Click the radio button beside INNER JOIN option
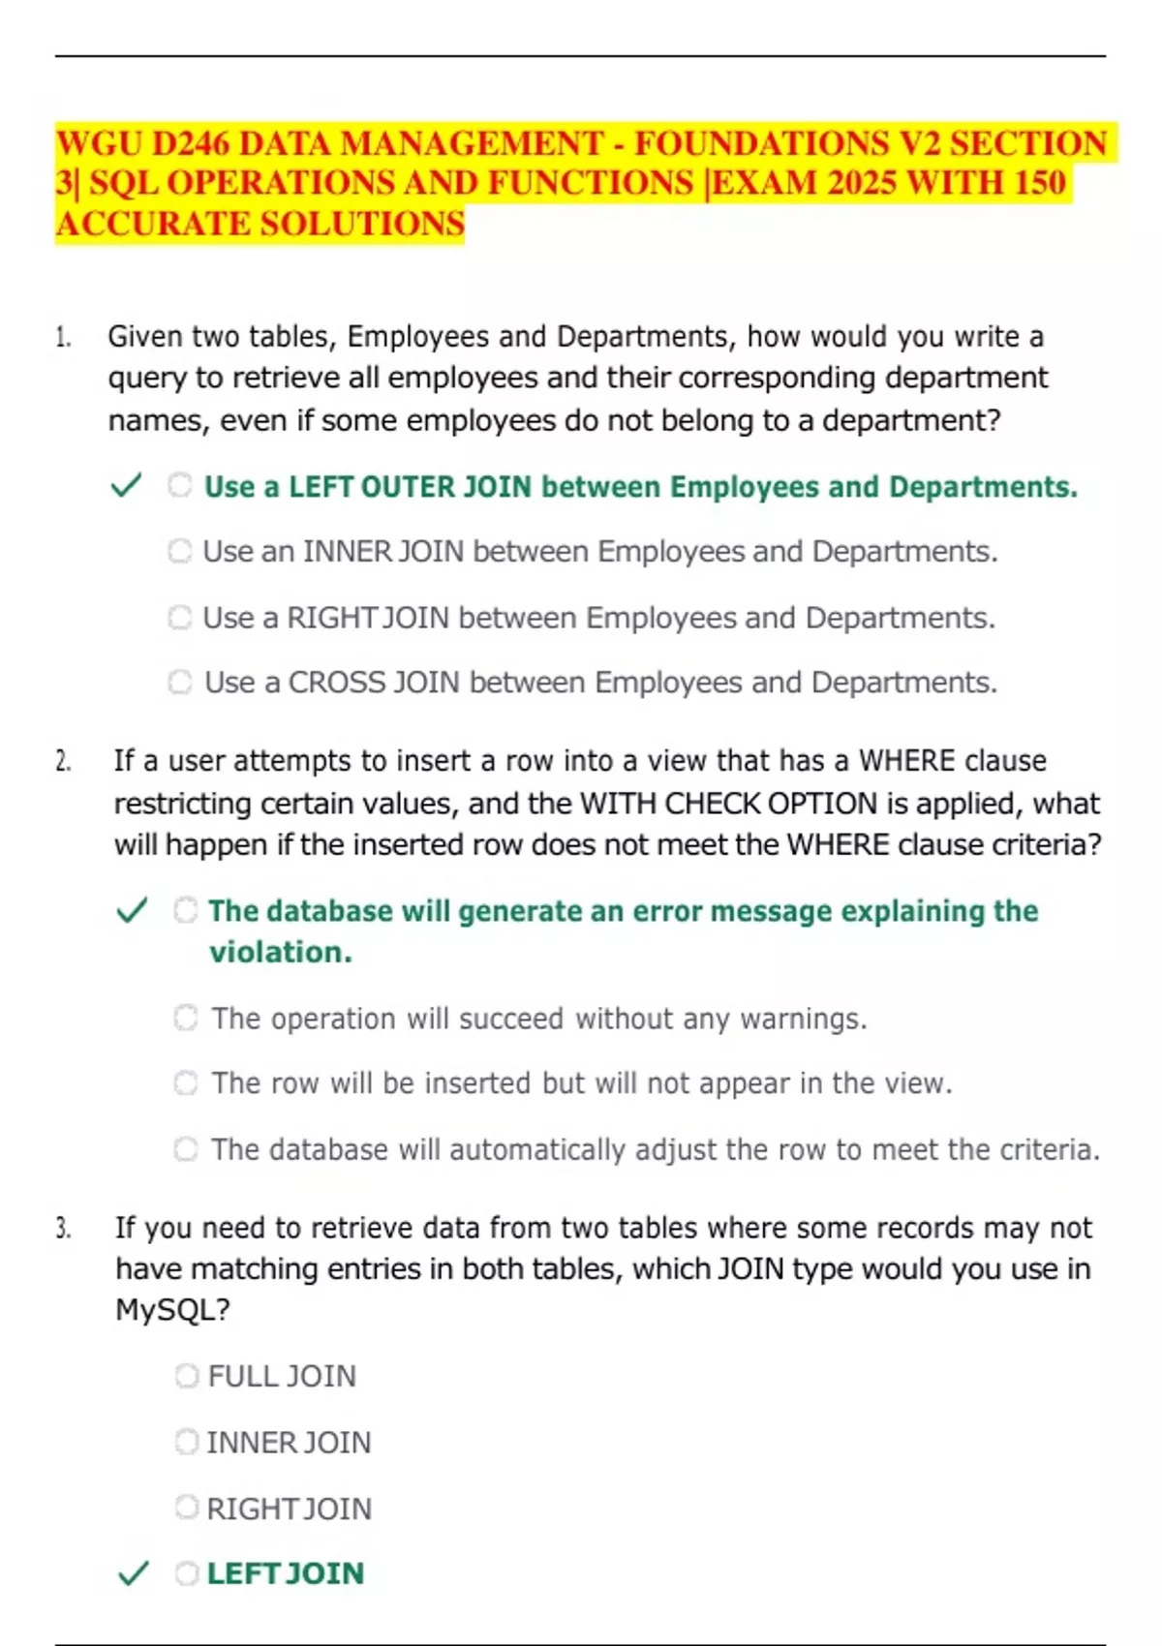pyautogui.click(x=187, y=1442)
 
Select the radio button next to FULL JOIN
pyautogui.click(x=187, y=1376)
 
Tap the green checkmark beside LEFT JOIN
pyautogui.click(x=133, y=1573)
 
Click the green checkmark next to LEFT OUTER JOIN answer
pyautogui.click(x=127, y=485)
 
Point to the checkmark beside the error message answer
pyautogui.click(x=132, y=910)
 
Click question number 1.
pyautogui.click(x=63, y=337)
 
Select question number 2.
pyautogui.click(x=63, y=761)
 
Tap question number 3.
pyautogui.click(x=63, y=1229)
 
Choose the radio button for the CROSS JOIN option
pyautogui.click(x=180, y=682)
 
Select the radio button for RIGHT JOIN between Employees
pyautogui.click(x=180, y=617)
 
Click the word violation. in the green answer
pyautogui.click(x=281, y=953)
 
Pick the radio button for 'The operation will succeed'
pyautogui.click(x=186, y=1018)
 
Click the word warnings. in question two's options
pyautogui.click(x=804, y=1019)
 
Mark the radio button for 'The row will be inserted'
pyautogui.click(x=186, y=1082)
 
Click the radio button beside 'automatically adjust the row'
pyautogui.click(x=186, y=1149)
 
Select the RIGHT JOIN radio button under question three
pyautogui.click(x=187, y=1508)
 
